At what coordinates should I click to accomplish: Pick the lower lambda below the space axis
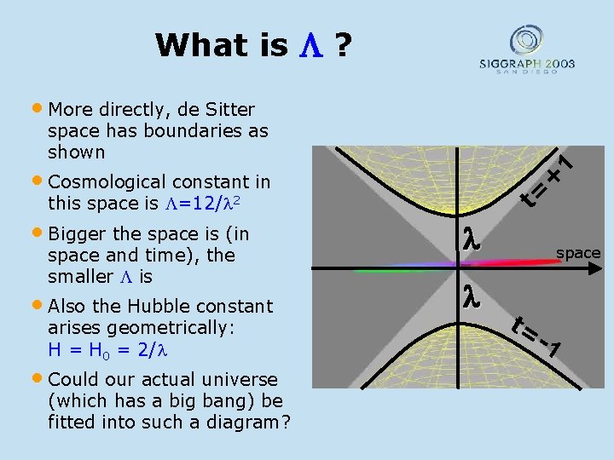point(471,297)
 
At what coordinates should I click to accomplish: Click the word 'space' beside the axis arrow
point(578,253)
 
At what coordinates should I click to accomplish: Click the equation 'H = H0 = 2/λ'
point(105,349)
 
